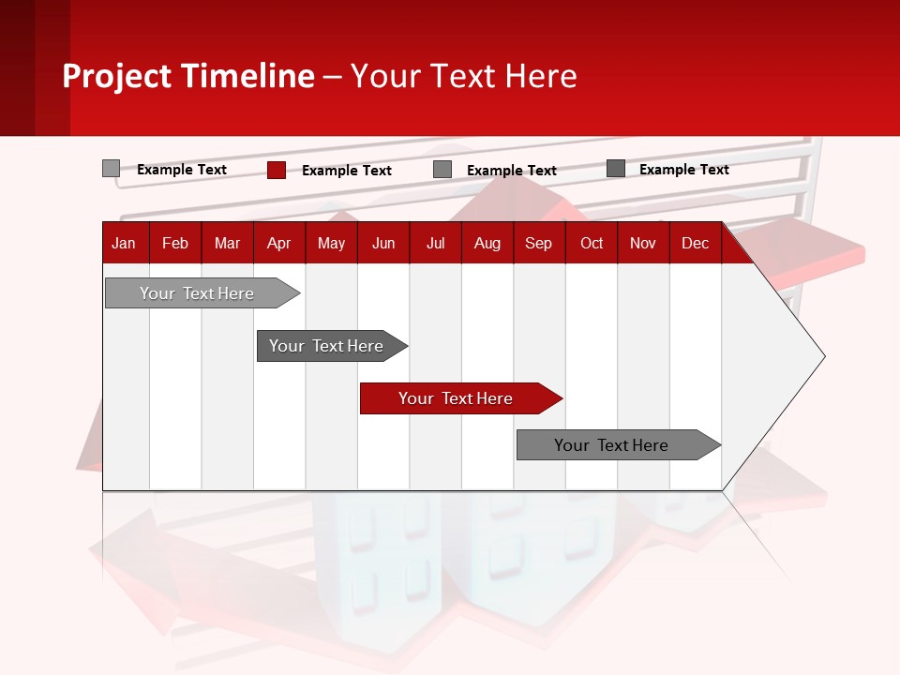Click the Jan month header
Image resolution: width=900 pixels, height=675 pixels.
click(125, 243)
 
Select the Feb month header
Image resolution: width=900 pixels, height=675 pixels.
click(175, 243)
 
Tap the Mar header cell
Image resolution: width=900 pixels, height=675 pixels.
click(227, 243)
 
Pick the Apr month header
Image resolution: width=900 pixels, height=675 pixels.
click(278, 243)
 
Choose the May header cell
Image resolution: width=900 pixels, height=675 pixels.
click(331, 243)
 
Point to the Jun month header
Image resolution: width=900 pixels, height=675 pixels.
click(383, 243)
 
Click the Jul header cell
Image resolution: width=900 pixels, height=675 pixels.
click(435, 243)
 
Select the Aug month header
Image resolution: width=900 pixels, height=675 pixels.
click(487, 243)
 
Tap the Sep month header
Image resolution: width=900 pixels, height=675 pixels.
click(538, 243)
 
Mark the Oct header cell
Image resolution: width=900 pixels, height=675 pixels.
click(592, 243)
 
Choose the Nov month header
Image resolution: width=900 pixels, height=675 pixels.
click(643, 243)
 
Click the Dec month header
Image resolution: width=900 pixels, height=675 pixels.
click(695, 243)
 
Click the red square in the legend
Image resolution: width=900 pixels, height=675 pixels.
click(277, 170)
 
